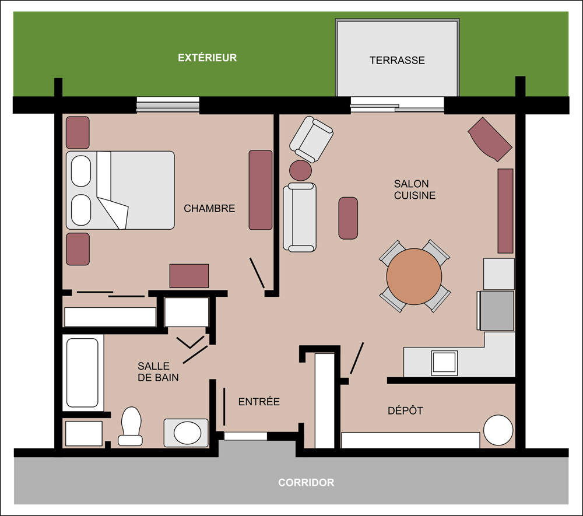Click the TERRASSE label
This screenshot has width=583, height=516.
pyautogui.click(x=397, y=60)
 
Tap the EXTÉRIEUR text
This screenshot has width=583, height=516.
pyautogui.click(x=207, y=58)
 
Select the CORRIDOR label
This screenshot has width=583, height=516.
pyautogui.click(x=306, y=483)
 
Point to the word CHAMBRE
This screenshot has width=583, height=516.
pyautogui.click(x=209, y=209)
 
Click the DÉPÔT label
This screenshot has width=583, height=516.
pyautogui.click(x=405, y=410)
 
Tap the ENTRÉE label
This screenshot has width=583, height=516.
pyautogui.click(x=259, y=402)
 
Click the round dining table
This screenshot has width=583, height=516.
pyautogui.click(x=414, y=276)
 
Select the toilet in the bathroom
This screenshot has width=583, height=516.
pyautogui.click(x=131, y=426)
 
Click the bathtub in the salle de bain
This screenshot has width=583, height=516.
pyautogui.click(x=83, y=373)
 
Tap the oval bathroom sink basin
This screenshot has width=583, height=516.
pyautogui.click(x=187, y=433)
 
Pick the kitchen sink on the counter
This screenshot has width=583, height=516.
pyautogui.click(x=444, y=363)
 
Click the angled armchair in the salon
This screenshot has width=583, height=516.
pyautogui.click(x=311, y=139)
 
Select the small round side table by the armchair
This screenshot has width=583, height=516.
pyautogui.click(x=300, y=170)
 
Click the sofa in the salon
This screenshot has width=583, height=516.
pyautogui.click(x=300, y=217)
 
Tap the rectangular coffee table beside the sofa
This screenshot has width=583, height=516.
pyautogui.click(x=348, y=218)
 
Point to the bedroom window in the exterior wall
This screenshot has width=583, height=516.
pyautogui.click(x=168, y=104)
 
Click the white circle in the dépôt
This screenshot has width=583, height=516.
pyautogui.click(x=498, y=430)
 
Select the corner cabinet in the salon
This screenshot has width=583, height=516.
pyautogui.click(x=490, y=139)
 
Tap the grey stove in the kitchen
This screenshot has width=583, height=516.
pyautogui.click(x=497, y=311)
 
